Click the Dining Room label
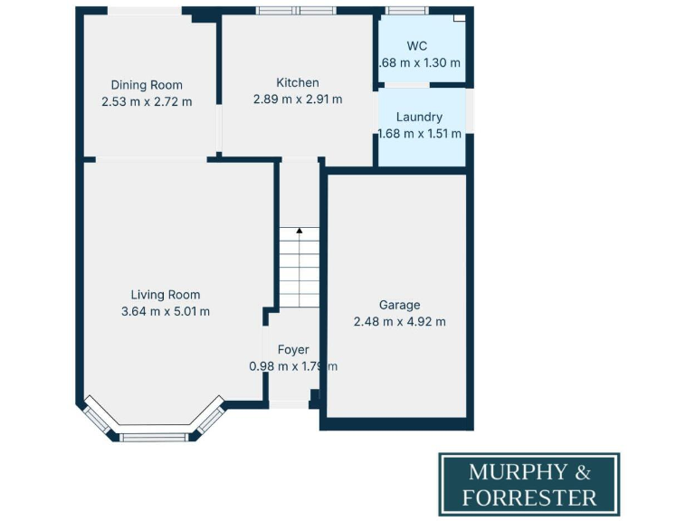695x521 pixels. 147,85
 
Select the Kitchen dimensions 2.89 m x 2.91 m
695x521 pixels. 298,99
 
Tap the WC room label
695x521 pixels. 417,46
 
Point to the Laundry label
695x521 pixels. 419,117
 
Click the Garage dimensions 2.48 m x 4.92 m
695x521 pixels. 399,321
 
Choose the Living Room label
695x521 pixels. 166,295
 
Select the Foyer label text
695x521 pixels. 293,349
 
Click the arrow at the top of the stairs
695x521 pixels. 300,232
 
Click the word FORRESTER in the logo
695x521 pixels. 528,497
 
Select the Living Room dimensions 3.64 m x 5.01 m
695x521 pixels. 166,312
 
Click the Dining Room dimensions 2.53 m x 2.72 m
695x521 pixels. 147,102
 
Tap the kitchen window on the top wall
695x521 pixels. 296,11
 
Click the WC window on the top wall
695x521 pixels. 406,11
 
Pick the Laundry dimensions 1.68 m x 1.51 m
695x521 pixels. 419,134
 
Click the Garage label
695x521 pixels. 399,305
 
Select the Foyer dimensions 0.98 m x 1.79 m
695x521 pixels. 293,366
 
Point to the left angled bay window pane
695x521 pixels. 94,419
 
